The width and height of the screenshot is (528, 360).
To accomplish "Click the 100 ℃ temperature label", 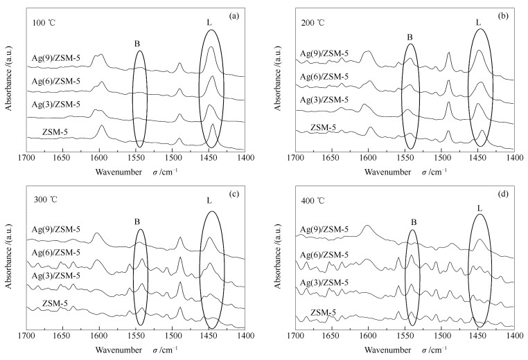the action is (44, 24).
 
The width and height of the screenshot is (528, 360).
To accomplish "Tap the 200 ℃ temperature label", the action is (313, 23).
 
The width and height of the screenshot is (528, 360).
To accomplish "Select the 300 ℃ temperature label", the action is (45, 199).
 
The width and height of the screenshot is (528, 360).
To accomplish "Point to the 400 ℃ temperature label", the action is (313, 201).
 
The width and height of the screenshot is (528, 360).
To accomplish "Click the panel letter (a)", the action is (234, 16).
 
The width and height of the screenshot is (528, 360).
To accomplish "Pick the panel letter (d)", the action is (503, 194).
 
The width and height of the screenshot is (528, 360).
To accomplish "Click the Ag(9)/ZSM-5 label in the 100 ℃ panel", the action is (56, 58).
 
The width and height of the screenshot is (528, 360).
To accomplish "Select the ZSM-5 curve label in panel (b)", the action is (324, 127).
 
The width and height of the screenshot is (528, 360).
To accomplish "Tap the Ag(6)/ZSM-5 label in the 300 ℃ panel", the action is (56, 252).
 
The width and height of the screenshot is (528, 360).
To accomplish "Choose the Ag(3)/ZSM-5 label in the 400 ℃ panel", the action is (324, 282).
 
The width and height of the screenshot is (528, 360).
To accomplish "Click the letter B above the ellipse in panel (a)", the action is (137, 44).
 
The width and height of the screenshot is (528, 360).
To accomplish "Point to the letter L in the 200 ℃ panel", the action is (479, 23).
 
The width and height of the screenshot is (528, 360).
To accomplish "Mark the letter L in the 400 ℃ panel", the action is (480, 208).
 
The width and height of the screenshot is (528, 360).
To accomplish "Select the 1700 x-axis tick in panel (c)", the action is (26, 336).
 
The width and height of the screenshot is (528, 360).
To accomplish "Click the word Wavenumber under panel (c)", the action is (118, 350).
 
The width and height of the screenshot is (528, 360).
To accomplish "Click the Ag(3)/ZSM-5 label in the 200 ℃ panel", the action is (324, 100).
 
